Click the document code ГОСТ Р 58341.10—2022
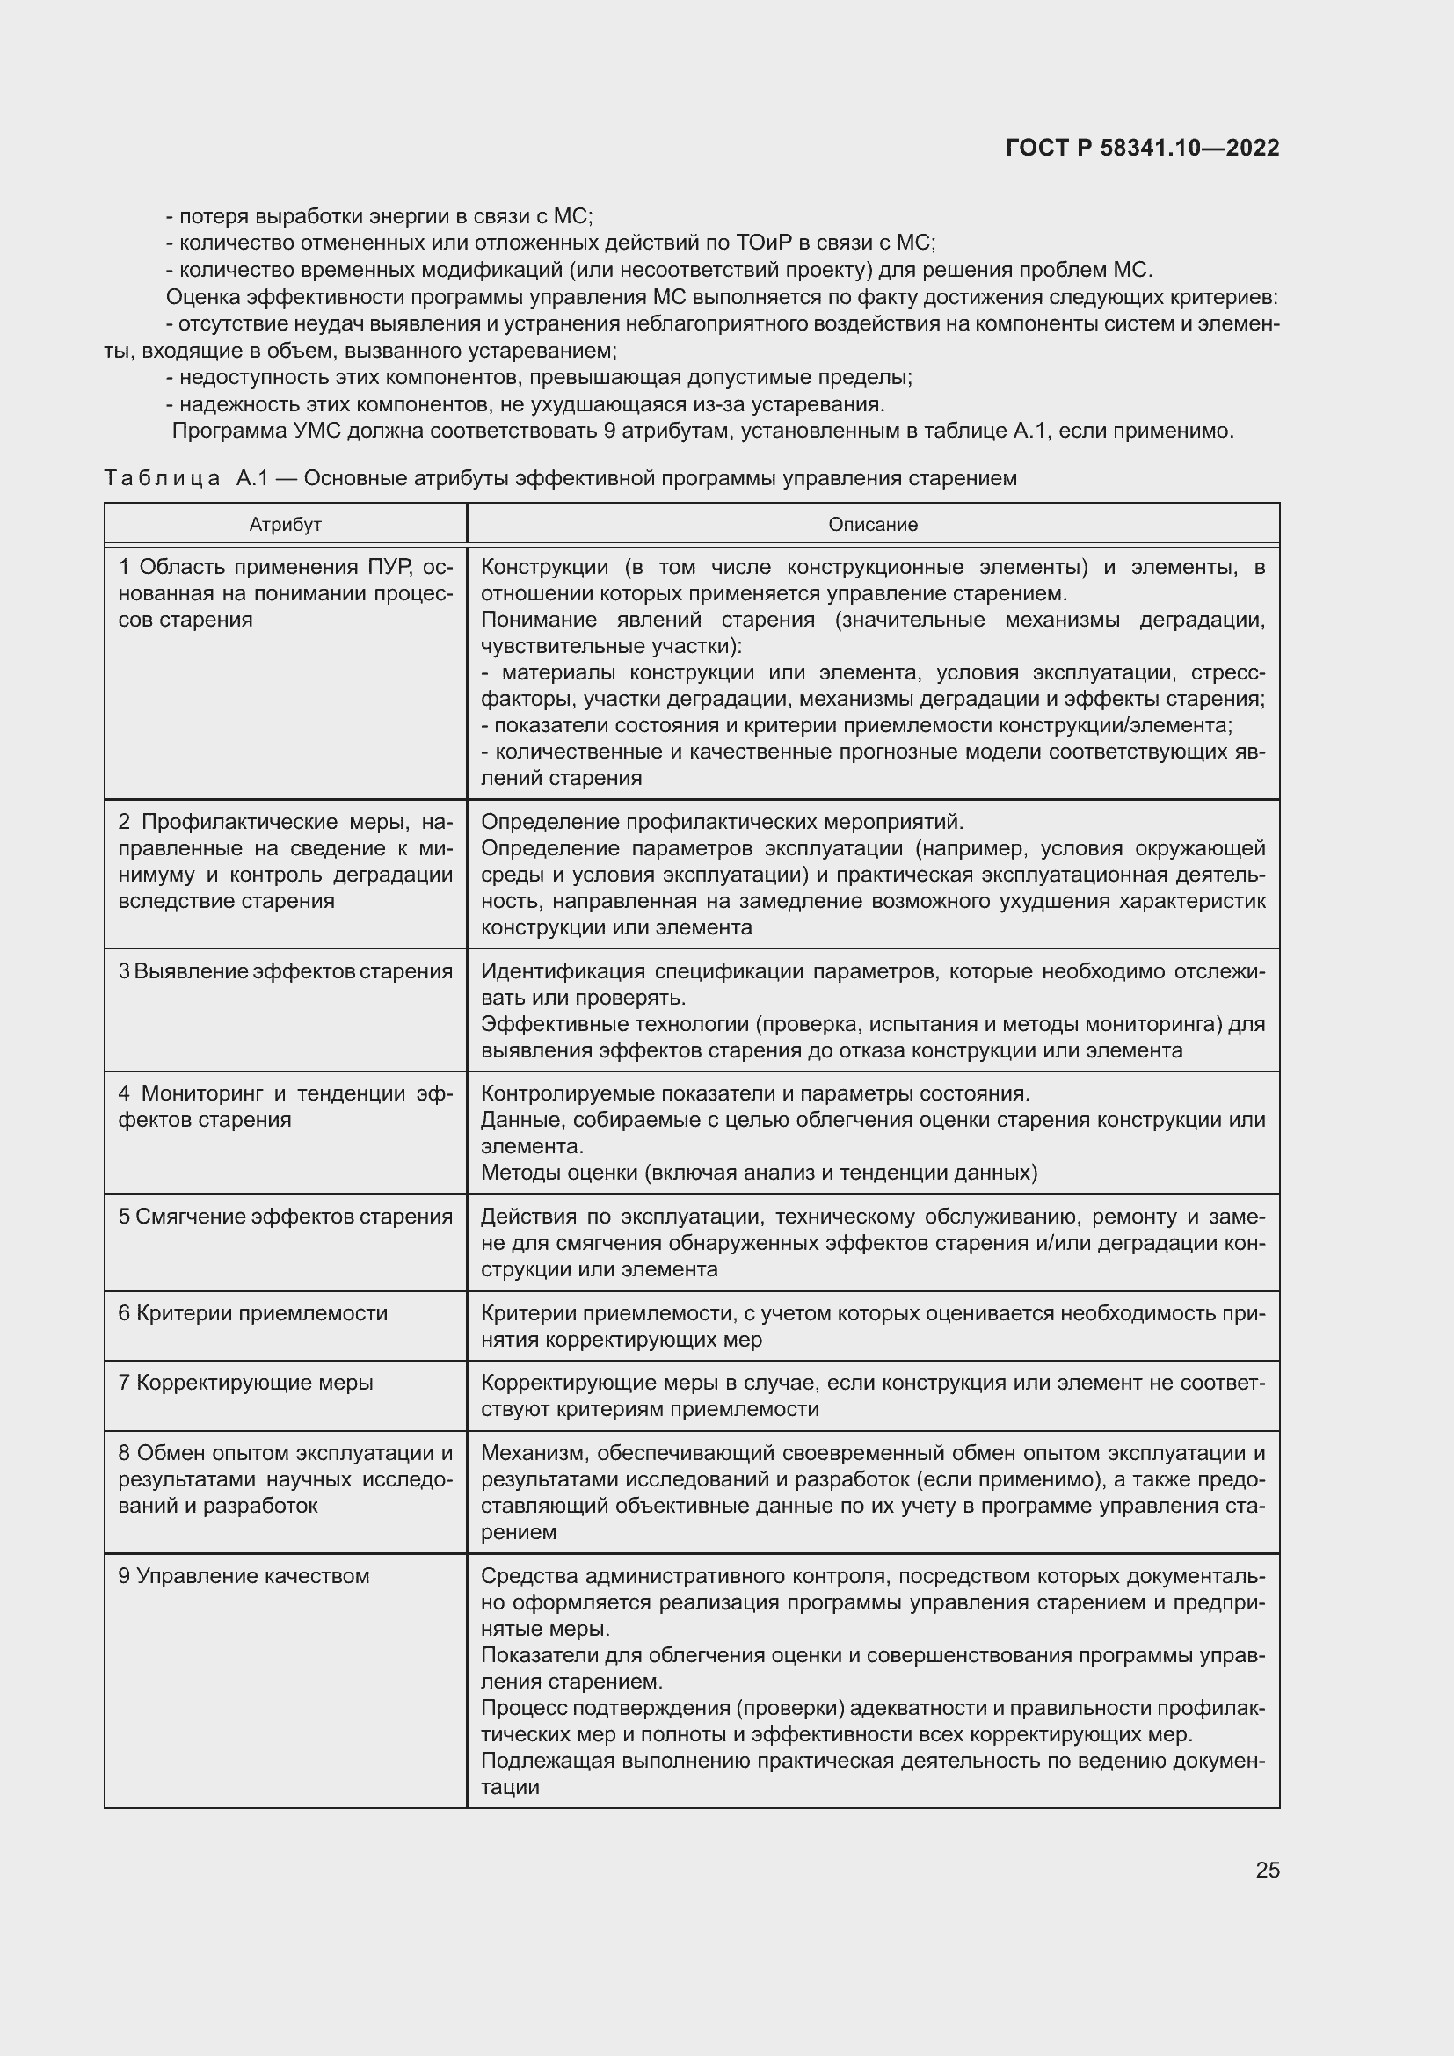click(1143, 149)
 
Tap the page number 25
click(1267, 1870)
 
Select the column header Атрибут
click(285, 525)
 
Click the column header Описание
click(872, 525)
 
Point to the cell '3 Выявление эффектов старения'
click(285, 971)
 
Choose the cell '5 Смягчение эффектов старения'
click(285, 1217)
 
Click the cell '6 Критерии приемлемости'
click(252, 1313)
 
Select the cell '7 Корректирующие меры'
click(245, 1383)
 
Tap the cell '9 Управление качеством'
click(244, 1576)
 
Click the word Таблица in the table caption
click(162, 479)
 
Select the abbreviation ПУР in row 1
click(388, 568)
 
